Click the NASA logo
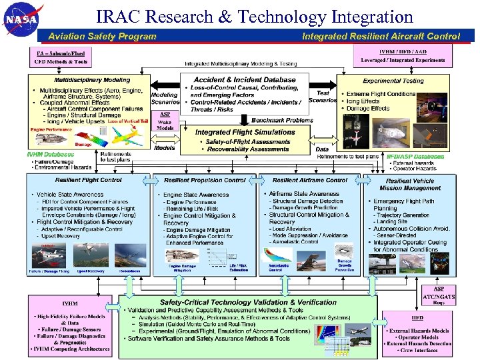(x=24, y=20)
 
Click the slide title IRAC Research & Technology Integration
(x=255, y=16)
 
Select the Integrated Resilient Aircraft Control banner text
(x=381, y=37)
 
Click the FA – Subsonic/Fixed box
(x=61, y=57)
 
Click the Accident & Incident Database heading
(x=245, y=80)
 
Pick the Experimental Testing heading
(x=393, y=81)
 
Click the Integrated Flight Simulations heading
(x=245, y=132)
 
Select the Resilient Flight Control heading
(x=89, y=180)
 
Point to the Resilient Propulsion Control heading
(x=205, y=180)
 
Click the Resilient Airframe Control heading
(x=310, y=180)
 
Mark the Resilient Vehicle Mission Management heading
(x=410, y=184)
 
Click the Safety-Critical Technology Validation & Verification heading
(x=248, y=302)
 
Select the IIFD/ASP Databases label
(x=415, y=157)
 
